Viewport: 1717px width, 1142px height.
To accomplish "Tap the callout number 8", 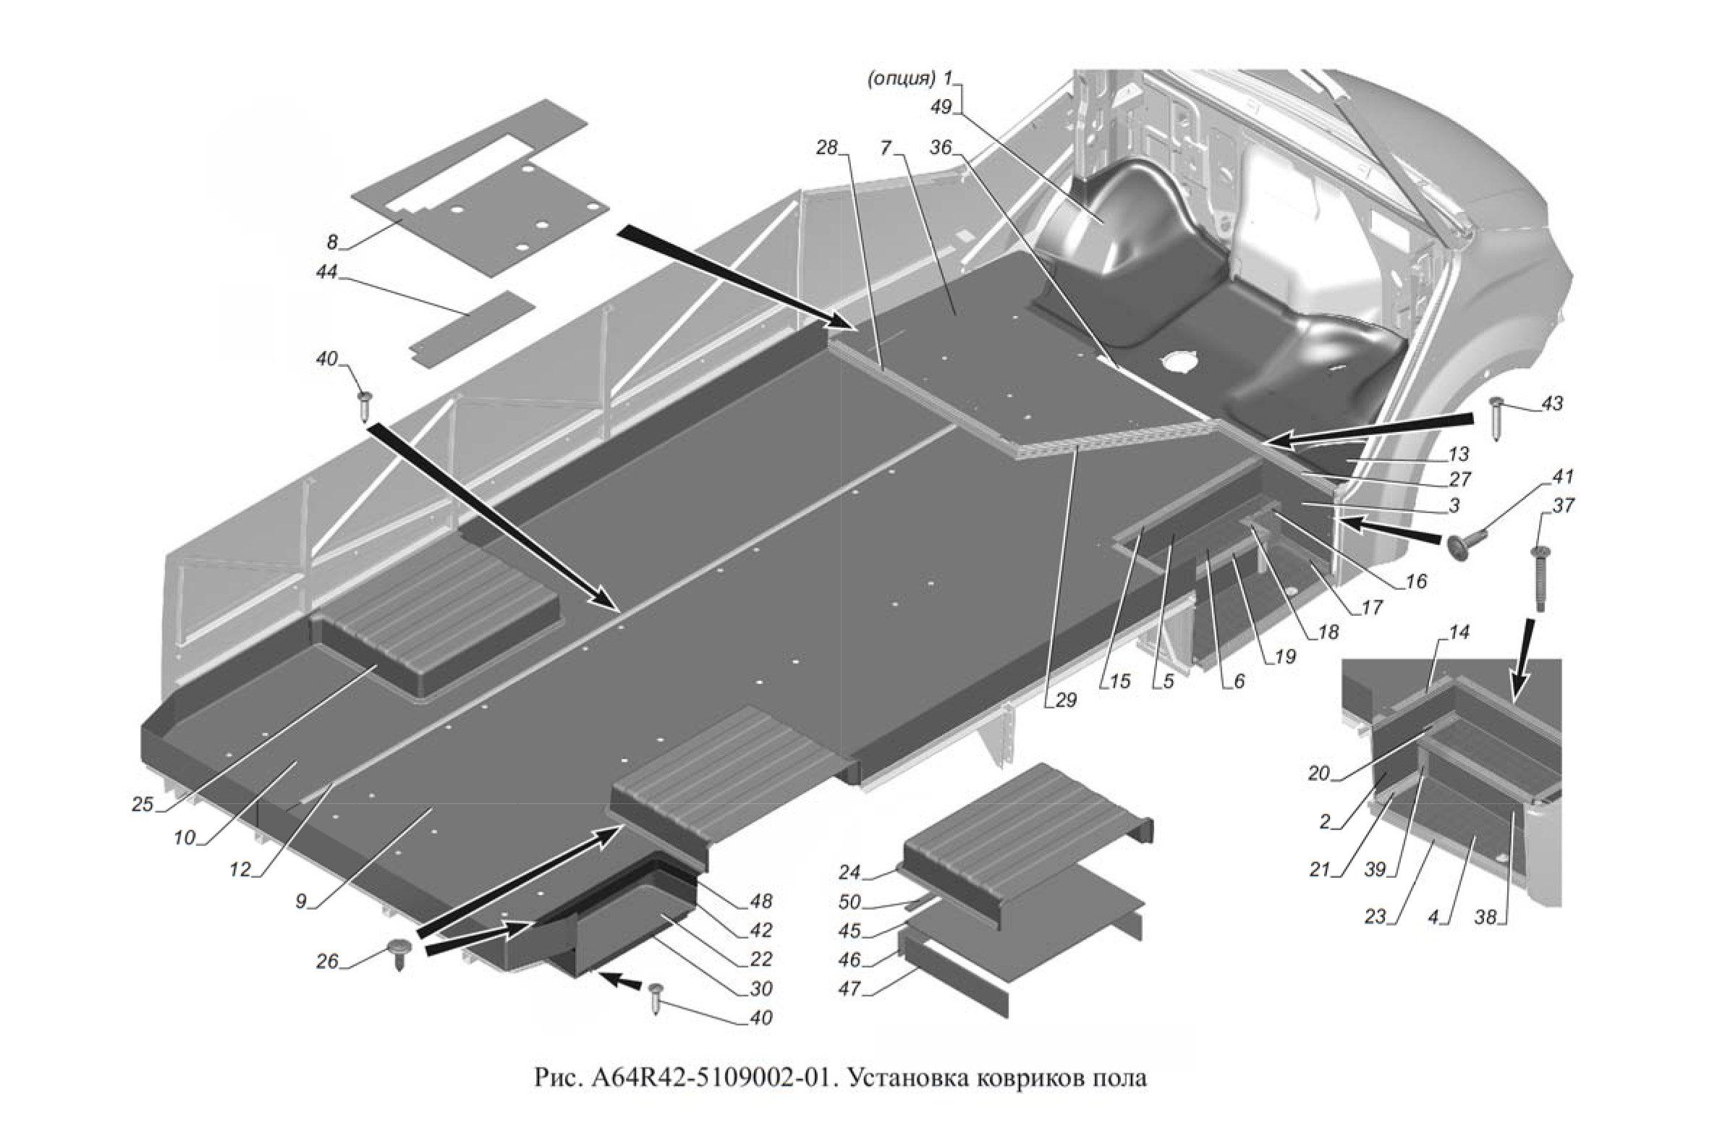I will (332, 242).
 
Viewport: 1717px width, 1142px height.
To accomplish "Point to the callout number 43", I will (1552, 404).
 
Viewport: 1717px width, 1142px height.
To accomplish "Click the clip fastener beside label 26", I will (399, 952).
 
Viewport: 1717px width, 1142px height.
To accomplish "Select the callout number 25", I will (143, 804).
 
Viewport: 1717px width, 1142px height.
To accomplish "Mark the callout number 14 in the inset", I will (1438, 633).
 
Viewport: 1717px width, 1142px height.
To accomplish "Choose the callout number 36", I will (941, 148).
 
